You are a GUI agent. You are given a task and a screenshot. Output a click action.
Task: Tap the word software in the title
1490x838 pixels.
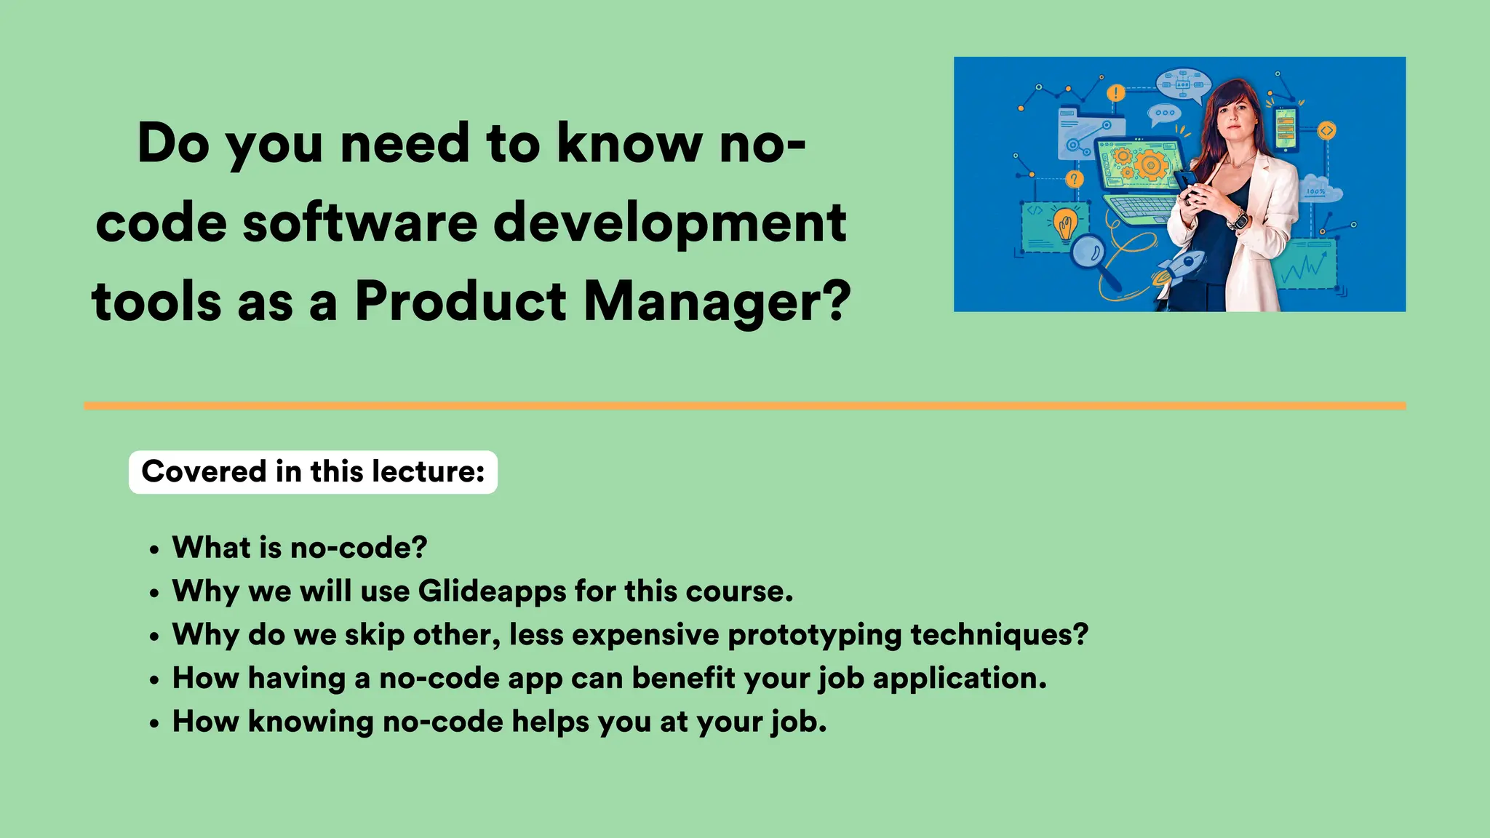point(360,222)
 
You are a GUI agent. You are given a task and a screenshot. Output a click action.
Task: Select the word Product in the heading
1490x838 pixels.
point(461,301)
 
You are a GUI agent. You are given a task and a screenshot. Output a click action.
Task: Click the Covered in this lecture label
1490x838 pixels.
point(313,472)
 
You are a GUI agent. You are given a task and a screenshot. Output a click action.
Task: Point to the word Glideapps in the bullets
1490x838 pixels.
point(492,591)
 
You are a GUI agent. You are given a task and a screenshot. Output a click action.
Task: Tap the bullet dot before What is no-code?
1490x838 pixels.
point(154,550)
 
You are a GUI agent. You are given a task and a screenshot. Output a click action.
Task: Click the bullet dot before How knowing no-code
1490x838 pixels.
point(154,725)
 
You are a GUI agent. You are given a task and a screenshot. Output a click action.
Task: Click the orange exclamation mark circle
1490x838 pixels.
point(1115,93)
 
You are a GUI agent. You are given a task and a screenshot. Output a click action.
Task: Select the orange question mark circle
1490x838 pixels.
point(1075,179)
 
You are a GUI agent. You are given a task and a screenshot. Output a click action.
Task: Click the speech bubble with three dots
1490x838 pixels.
point(1164,113)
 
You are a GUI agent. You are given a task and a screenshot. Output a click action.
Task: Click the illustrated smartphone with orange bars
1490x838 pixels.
point(1286,129)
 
